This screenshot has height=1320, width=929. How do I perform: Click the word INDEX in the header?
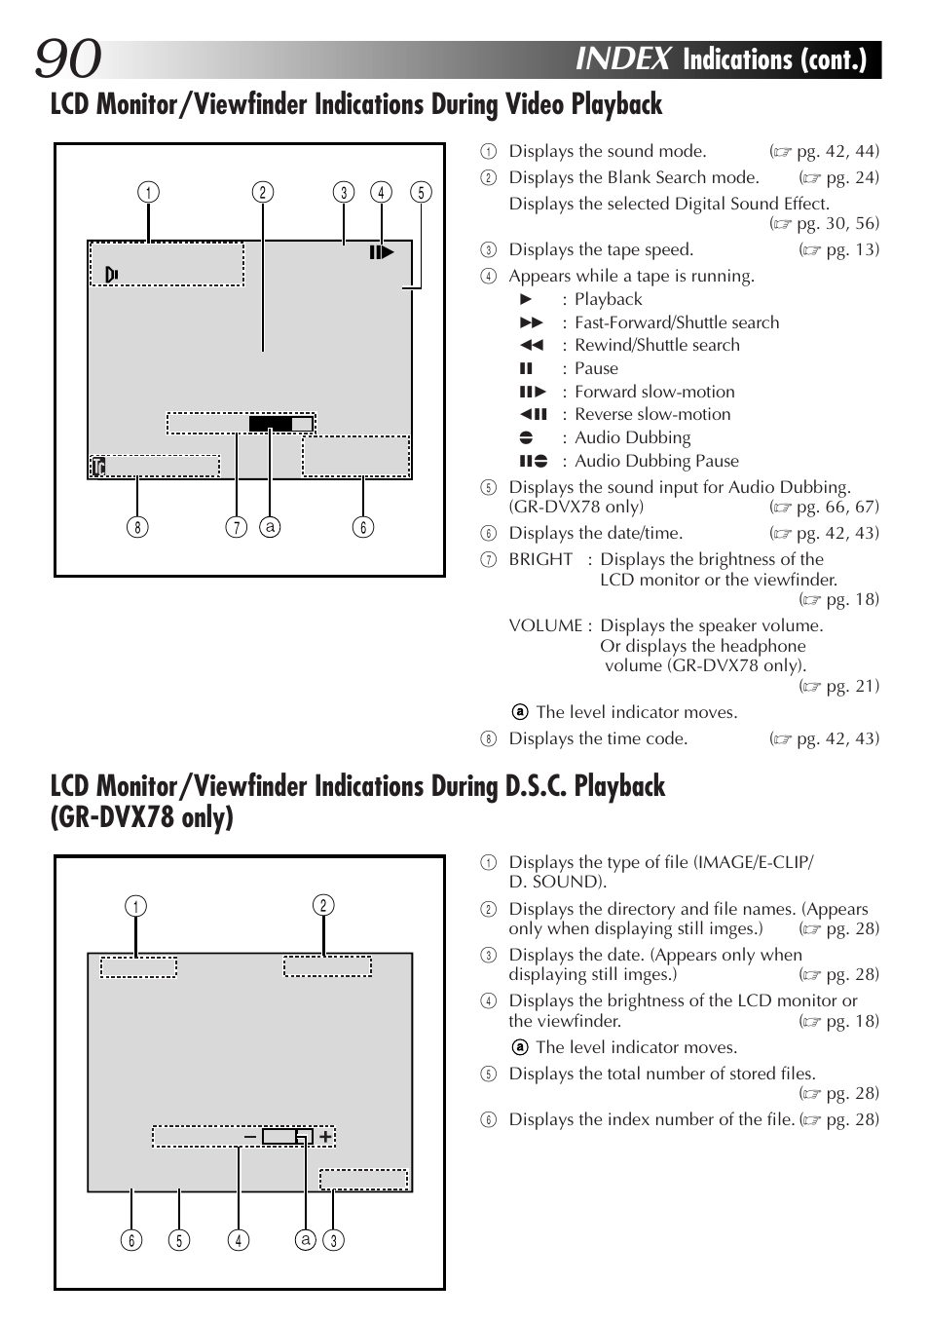623,58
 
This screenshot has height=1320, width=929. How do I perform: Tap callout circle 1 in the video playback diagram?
148,192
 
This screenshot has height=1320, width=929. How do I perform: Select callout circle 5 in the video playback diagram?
421,192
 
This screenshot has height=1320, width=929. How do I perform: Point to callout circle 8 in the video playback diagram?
137,527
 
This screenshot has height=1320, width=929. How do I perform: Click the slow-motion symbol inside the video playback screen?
381,252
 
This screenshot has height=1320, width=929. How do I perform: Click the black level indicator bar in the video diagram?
271,424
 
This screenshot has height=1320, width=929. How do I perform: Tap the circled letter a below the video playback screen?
270,527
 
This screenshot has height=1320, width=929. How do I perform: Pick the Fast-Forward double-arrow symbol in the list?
531,322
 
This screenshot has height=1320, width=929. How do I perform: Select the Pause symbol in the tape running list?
526,368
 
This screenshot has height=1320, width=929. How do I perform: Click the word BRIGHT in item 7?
540,559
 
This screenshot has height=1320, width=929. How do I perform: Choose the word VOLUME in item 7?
545,625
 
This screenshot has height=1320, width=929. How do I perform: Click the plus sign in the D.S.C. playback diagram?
325,1136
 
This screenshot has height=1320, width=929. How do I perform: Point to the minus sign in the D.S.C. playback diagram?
250,1136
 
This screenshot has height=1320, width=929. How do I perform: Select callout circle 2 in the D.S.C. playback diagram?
323,905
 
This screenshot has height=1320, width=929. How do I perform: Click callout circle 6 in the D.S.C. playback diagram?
131,1240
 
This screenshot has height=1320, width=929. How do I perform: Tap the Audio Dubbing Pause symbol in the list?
533,461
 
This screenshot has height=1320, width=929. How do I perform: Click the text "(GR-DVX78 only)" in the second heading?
142,817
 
